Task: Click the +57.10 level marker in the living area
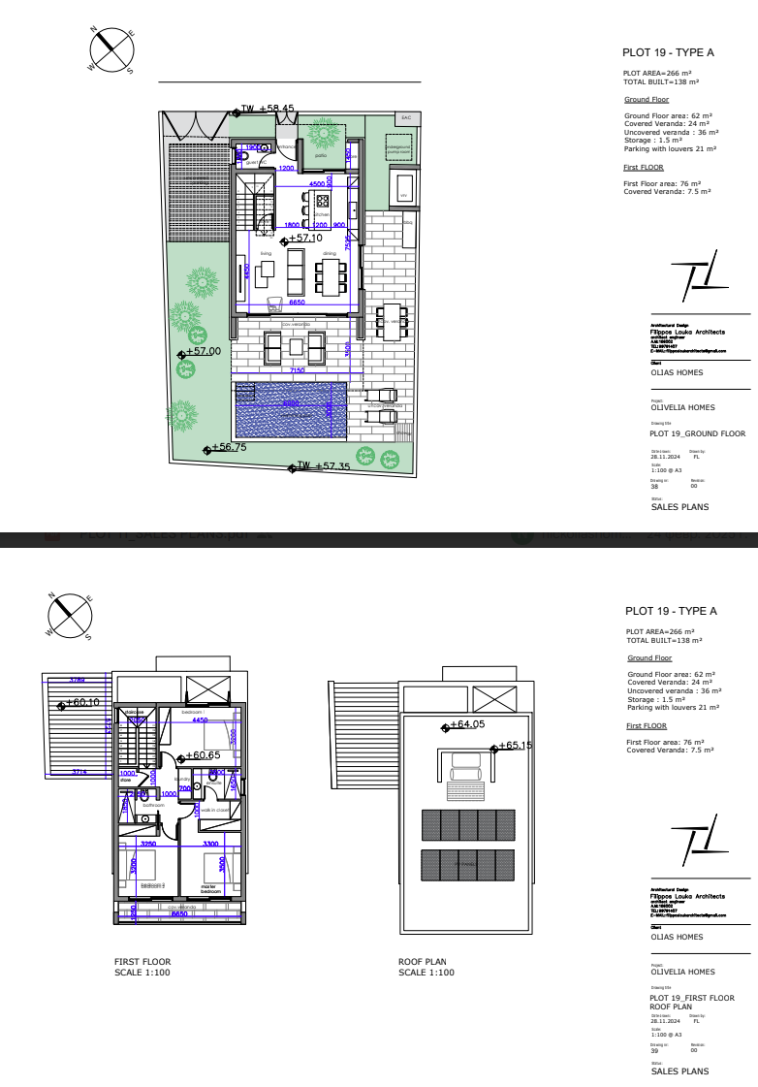303,238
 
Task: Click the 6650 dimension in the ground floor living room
298,303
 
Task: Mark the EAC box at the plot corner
404,118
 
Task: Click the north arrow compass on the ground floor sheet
111,48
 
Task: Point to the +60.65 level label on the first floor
204,755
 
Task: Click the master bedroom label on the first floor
210,887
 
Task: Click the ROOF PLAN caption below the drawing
423,962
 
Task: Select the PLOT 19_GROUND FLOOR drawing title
697,433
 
